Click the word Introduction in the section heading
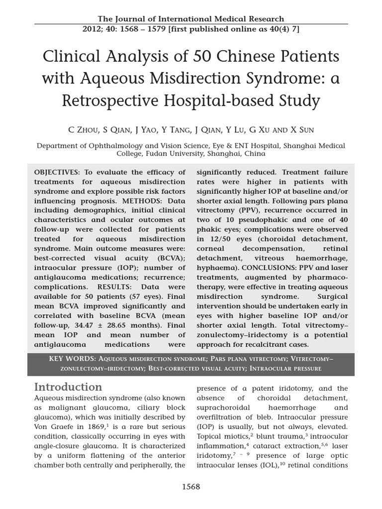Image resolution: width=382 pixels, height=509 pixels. pos(68,387)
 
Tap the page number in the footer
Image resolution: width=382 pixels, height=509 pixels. pos(191,486)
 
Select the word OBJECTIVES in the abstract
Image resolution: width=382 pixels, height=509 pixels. pos(56,172)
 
